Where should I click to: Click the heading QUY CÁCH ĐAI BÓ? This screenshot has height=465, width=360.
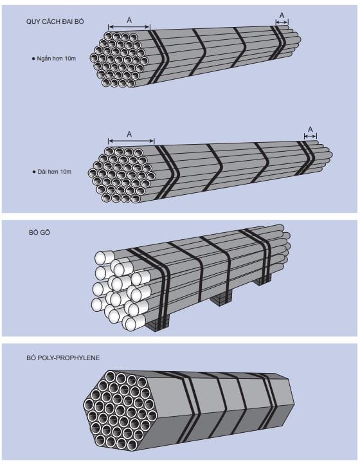(55, 21)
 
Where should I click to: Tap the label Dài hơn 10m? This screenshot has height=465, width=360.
(55, 172)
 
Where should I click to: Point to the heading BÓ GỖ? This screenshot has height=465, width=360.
(39, 233)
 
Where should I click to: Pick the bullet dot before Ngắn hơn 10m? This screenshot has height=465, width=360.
(33, 59)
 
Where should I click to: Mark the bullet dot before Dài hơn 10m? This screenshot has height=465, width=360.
(34, 172)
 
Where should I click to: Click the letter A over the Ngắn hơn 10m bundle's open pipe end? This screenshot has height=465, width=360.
(129, 20)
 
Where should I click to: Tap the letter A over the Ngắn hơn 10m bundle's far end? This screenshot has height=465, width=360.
(282, 15)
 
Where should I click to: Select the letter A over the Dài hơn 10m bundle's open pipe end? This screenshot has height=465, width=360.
(129, 134)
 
